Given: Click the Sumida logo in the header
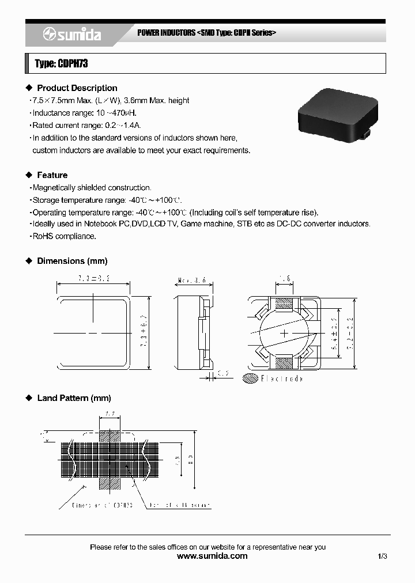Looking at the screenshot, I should tap(72, 35).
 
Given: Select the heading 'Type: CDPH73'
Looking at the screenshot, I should tap(62, 64).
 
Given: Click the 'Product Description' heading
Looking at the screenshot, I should tap(77, 88).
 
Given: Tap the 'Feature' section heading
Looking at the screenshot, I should tap(52, 175).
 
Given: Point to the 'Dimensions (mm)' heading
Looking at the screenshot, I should tap(72, 261).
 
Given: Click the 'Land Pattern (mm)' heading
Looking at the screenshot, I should tap(74, 398).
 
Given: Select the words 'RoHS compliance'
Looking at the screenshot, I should tap(64, 236).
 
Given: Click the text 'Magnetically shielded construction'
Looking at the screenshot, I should tap(92, 188).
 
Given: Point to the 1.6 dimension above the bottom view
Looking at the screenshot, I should tap(284, 279).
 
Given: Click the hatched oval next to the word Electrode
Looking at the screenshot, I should tap(251, 378).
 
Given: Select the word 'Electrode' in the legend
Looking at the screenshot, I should tap(281, 378).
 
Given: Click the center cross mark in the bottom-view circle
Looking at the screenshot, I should tap(285, 334).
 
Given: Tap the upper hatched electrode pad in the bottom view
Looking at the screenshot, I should tap(285, 305).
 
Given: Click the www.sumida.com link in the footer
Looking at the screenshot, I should tap(212, 556).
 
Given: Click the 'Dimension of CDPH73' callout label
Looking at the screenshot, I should tap(103, 505).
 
